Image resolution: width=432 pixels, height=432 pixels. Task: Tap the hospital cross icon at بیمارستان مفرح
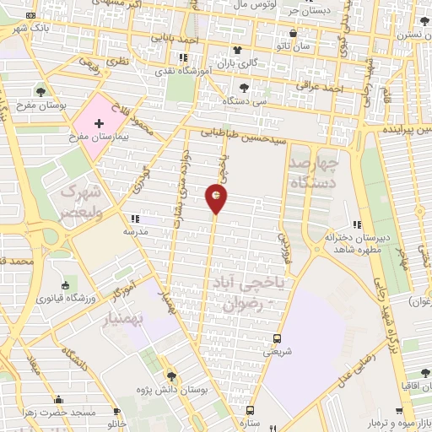(x=100, y=123)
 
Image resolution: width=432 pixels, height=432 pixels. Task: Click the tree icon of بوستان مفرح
(x=41, y=91)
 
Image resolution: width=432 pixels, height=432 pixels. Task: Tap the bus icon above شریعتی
(x=276, y=340)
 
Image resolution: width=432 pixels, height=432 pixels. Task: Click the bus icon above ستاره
(x=247, y=410)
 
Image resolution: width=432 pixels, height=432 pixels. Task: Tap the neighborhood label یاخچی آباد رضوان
(x=250, y=292)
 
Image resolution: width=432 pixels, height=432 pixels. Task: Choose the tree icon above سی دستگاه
(x=243, y=88)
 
